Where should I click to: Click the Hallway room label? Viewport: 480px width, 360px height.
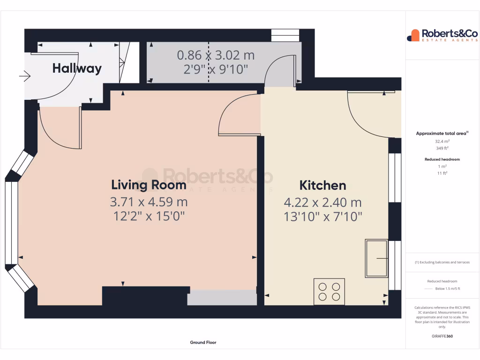[77, 68]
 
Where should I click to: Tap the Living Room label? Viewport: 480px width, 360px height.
[149, 185]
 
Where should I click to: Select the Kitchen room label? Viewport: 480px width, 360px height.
[322, 185]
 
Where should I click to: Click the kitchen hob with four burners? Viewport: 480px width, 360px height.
[329, 292]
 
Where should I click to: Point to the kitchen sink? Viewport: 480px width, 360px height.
[376, 258]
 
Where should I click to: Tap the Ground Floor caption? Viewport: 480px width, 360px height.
[203, 343]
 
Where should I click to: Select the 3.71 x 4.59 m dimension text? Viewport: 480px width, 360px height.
[149, 202]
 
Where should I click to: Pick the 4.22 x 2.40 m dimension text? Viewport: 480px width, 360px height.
[322, 202]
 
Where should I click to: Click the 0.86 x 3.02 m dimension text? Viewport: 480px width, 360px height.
[216, 55]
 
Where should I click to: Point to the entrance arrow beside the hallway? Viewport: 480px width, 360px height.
[25, 75]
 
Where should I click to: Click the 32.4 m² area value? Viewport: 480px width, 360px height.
[442, 141]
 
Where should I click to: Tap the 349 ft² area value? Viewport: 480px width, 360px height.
[442, 148]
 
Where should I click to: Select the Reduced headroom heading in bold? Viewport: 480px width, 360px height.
[442, 159]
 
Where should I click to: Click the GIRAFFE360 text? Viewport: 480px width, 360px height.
[442, 336]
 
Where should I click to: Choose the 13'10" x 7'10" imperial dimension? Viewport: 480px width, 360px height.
[322, 217]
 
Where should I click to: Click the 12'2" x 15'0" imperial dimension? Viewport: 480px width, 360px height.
[149, 216]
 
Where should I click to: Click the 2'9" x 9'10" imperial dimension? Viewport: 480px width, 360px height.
[216, 69]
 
